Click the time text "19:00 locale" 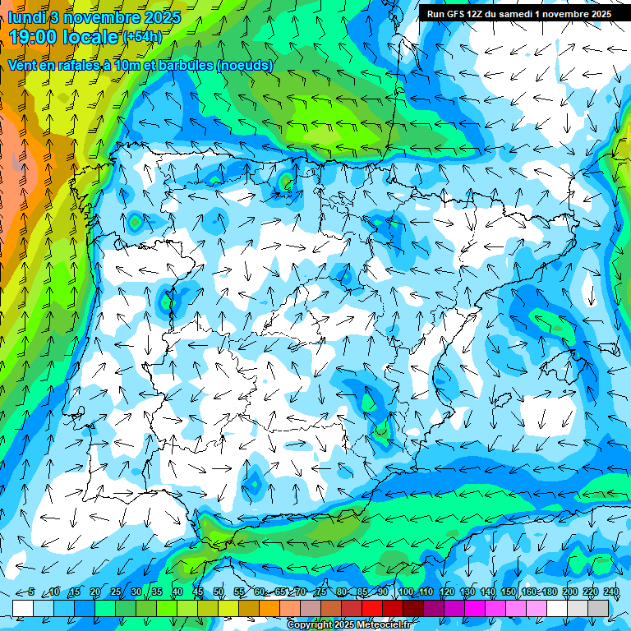64,37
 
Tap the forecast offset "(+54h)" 142,37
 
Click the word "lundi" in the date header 25,17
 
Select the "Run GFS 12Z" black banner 518,14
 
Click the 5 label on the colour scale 31,592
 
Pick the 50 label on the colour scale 219,592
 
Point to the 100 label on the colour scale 405,592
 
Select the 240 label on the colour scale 610,592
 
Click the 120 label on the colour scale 446,592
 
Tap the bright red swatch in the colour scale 372,607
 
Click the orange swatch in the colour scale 269,607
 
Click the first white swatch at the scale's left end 23,607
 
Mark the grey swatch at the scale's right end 598,607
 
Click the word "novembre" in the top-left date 99,17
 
